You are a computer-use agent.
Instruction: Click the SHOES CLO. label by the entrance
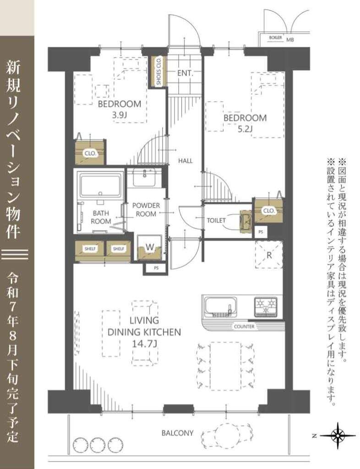pyautogui.click(x=158, y=71)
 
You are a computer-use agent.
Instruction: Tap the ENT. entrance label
pyautogui.click(x=185, y=73)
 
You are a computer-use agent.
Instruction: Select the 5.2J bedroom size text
pyautogui.click(x=245, y=129)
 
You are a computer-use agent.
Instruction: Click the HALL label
pyautogui.click(x=185, y=161)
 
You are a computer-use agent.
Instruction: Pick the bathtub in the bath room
pyautogui.click(x=100, y=186)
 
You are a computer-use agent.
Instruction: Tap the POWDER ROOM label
pyautogui.click(x=146, y=210)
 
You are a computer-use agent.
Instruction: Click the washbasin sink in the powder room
pyautogui.click(x=144, y=177)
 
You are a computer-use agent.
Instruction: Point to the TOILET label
pyautogui.click(x=216, y=220)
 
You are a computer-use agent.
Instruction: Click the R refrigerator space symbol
pyautogui.click(x=269, y=255)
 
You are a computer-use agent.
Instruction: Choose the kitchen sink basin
pyautogui.click(x=221, y=306)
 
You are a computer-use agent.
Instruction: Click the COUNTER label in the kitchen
pyautogui.click(x=244, y=326)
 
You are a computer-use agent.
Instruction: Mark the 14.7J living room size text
pyautogui.click(x=144, y=344)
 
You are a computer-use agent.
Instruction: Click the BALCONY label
pyautogui.click(x=177, y=433)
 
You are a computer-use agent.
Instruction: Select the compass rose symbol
pyautogui.click(x=338, y=436)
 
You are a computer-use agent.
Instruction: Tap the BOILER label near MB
pyautogui.click(x=275, y=38)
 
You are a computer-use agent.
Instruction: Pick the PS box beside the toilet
pyautogui.click(x=261, y=231)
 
